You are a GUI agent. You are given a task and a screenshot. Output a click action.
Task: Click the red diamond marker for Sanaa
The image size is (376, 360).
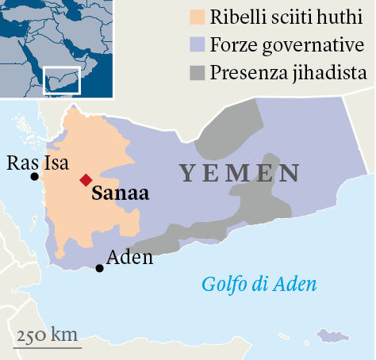coord(85,179)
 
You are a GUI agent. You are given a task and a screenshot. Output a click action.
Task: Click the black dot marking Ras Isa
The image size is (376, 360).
coord(34,176)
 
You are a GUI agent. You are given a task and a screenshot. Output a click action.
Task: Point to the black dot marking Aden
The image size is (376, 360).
coord(99,268)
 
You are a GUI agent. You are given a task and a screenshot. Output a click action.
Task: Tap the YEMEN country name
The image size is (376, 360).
coord(239,173)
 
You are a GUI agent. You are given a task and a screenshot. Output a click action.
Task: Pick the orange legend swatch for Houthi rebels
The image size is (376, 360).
coord(198,17)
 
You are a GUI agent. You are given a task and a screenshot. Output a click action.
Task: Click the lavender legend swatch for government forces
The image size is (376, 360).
coord(198,44)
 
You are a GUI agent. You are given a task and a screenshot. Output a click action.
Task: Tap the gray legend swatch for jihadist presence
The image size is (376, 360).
coord(198,73)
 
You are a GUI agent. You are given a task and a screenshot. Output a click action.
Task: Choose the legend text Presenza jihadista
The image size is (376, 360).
coord(288,73)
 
